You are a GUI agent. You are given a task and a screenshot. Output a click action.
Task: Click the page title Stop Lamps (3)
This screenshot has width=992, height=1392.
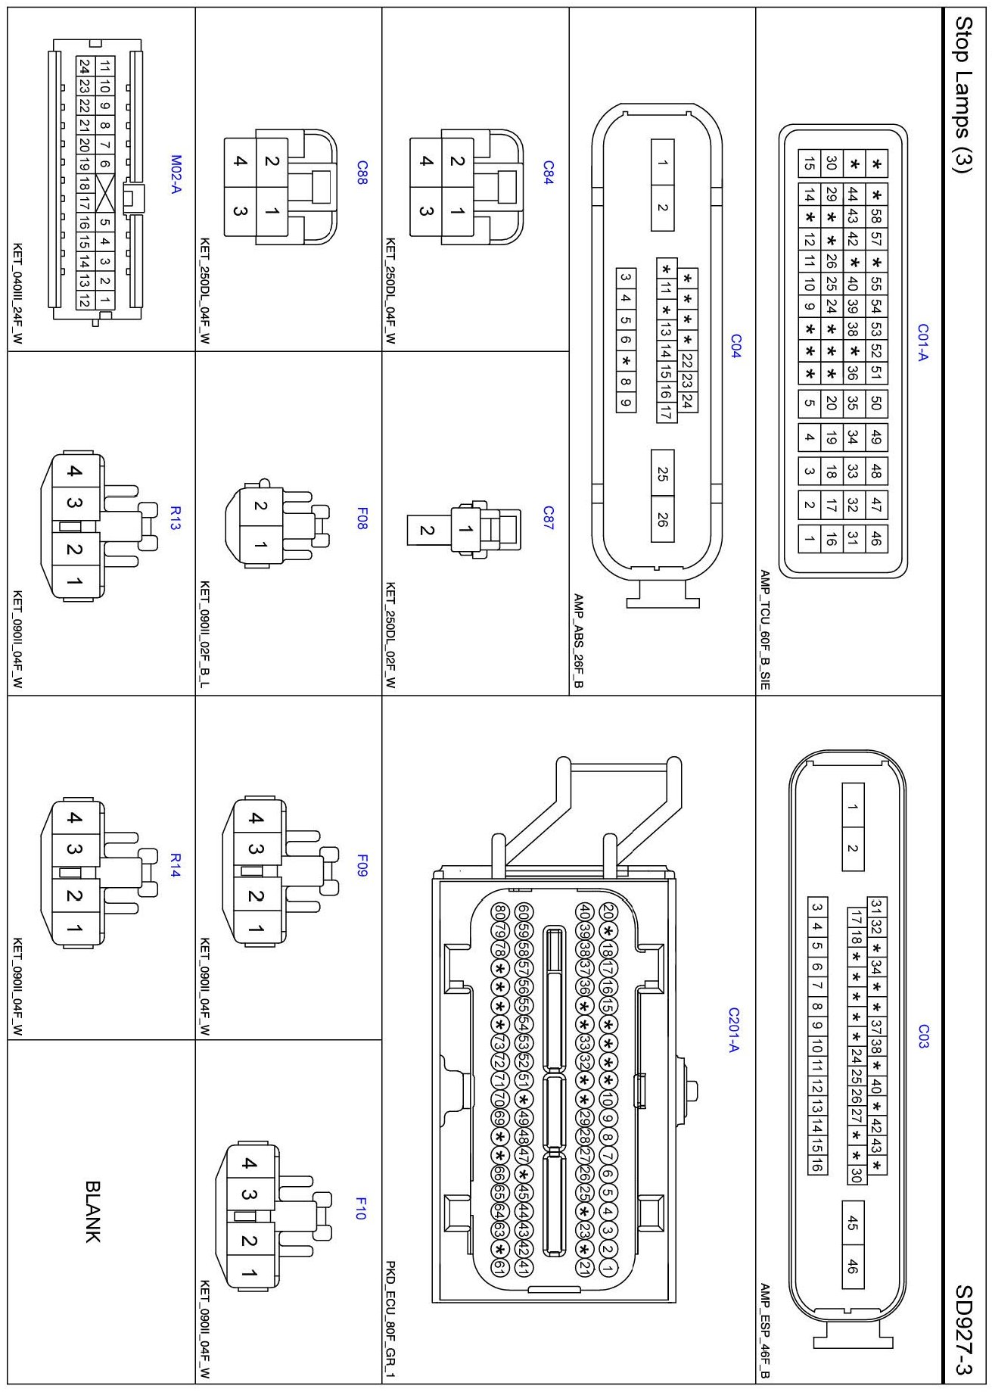pyautogui.click(x=962, y=95)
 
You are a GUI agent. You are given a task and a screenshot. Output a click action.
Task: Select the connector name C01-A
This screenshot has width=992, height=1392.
pyautogui.click(x=922, y=343)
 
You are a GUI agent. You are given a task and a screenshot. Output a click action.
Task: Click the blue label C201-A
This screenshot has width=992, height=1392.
pyautogui.click(x=733, y=1029)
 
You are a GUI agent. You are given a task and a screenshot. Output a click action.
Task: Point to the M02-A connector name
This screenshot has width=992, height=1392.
pyautogui.click(x=176, y=174)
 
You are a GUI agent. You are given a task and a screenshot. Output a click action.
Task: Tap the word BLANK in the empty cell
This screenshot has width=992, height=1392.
pyautogui.click(x=92, y=1212)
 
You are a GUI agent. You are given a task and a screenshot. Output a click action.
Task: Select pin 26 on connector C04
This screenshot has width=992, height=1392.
pyautogui.click(x=662, y=518)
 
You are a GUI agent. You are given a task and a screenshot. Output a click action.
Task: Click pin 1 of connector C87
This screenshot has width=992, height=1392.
pyautogui.click(x=465, y=530)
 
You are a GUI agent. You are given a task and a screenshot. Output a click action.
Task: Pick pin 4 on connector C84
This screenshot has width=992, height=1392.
pyautogui.click(x=426, y=160)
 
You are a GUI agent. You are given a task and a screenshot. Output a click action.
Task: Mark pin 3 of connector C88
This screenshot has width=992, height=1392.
pyautogui.click(x=240, y=211)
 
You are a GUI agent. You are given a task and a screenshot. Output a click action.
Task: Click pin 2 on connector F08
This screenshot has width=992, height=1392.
pyautogui.click(x=260, y=506)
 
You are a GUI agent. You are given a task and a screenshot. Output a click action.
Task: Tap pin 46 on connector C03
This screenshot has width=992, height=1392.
pyautogui.click(x=853, y=1266)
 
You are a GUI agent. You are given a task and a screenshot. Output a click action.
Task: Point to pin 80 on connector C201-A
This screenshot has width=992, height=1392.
pyautogui.click(x=499, y=911)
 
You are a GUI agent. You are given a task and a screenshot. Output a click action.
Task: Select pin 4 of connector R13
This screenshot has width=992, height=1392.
pyautogui.click(x=73, y=472)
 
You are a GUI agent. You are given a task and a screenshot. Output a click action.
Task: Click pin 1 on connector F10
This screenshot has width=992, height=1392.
pyautogui.click(x=249, y=1273)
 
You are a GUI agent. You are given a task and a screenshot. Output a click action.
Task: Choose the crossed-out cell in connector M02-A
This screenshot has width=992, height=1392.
pyautogui.click(x=104, y=184)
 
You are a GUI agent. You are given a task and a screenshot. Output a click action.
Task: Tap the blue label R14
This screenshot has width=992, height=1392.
pyautogui.click(x=176, y=865)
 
